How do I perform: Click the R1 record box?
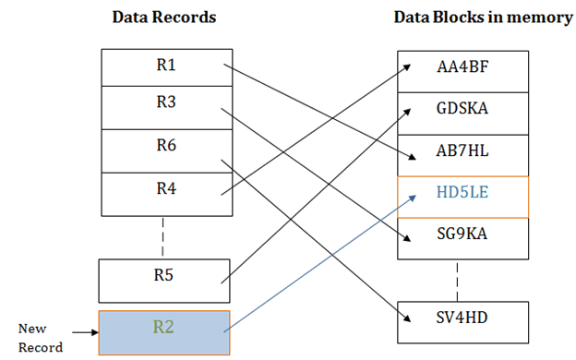point(164,66)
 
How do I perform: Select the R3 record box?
point(164,107)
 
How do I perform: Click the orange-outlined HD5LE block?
point(462,197)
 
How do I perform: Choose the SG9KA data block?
point(462,239)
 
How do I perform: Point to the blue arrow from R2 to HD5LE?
point(314,261)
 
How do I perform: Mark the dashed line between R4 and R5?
point(164,234)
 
